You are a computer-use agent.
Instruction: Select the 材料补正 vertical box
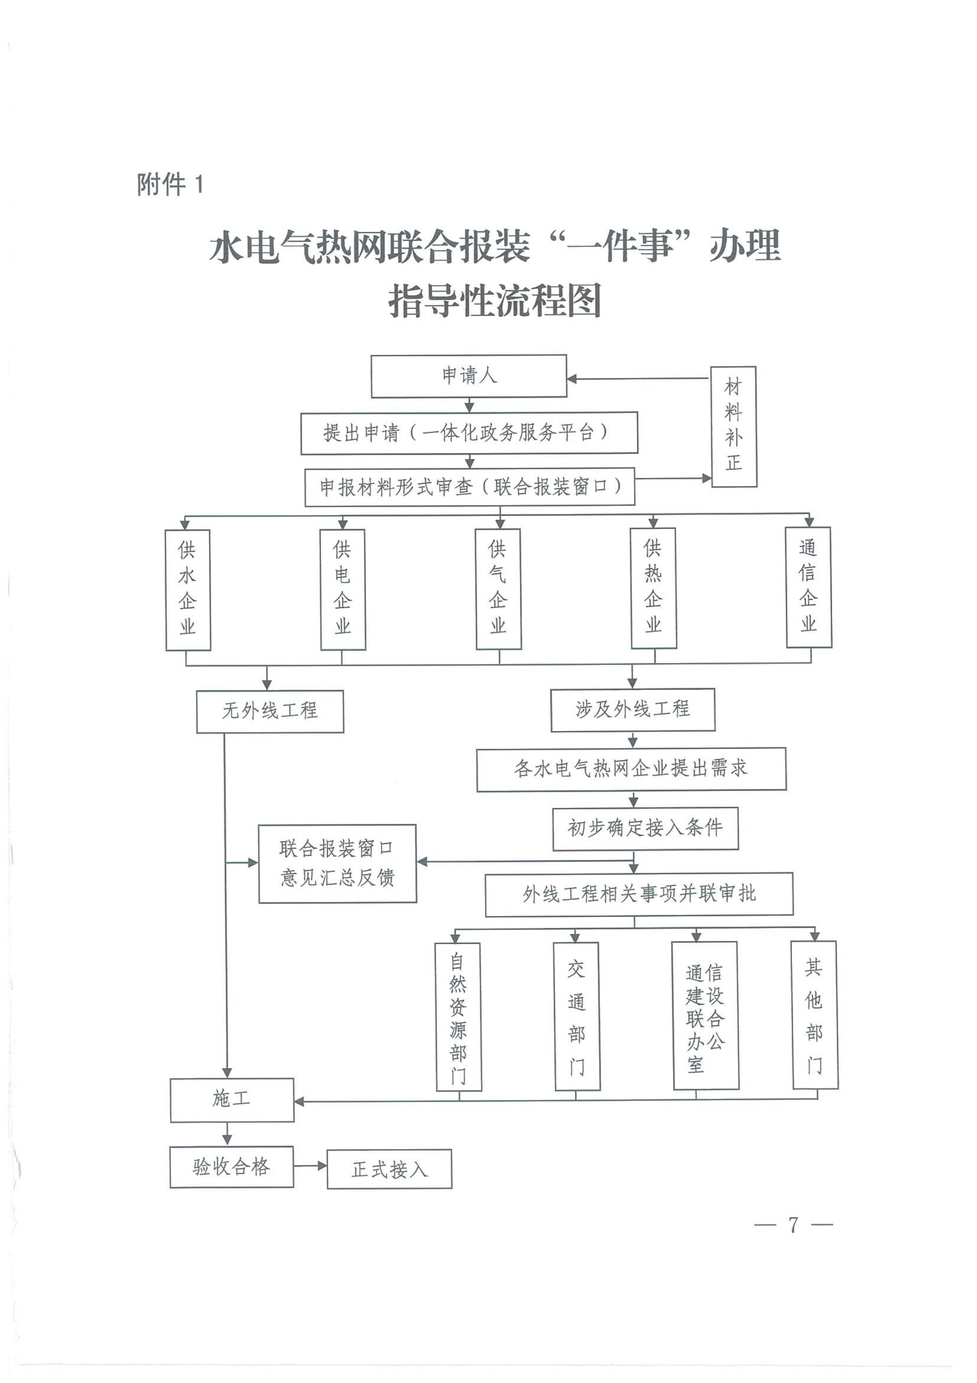pyautogui.click(x=733, y=427)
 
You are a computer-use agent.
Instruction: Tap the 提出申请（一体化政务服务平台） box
pyautogui.click(x=469, y=433)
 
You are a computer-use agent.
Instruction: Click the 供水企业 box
pyautogui.click(x=188, y=590)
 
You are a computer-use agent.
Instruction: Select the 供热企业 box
pyautogui.click(x=653, y=588)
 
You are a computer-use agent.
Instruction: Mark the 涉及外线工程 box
pyautogui.click(x=633, y=710)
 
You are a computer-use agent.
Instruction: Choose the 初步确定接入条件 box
pyautogui.click(x=645, y=828)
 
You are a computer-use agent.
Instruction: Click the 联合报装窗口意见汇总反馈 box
pyautogui.click(x=337, y=863)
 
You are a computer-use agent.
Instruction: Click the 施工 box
pyautogui.click(x=232, y=1100)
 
